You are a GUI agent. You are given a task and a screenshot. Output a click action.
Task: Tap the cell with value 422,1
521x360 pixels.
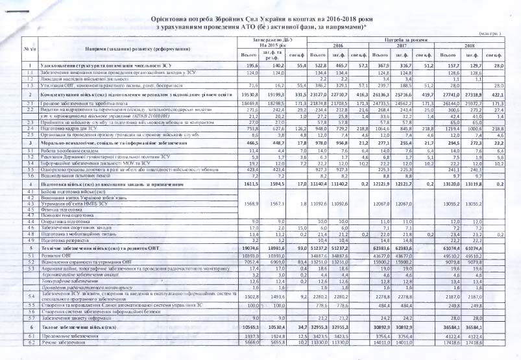tap(498, 94)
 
